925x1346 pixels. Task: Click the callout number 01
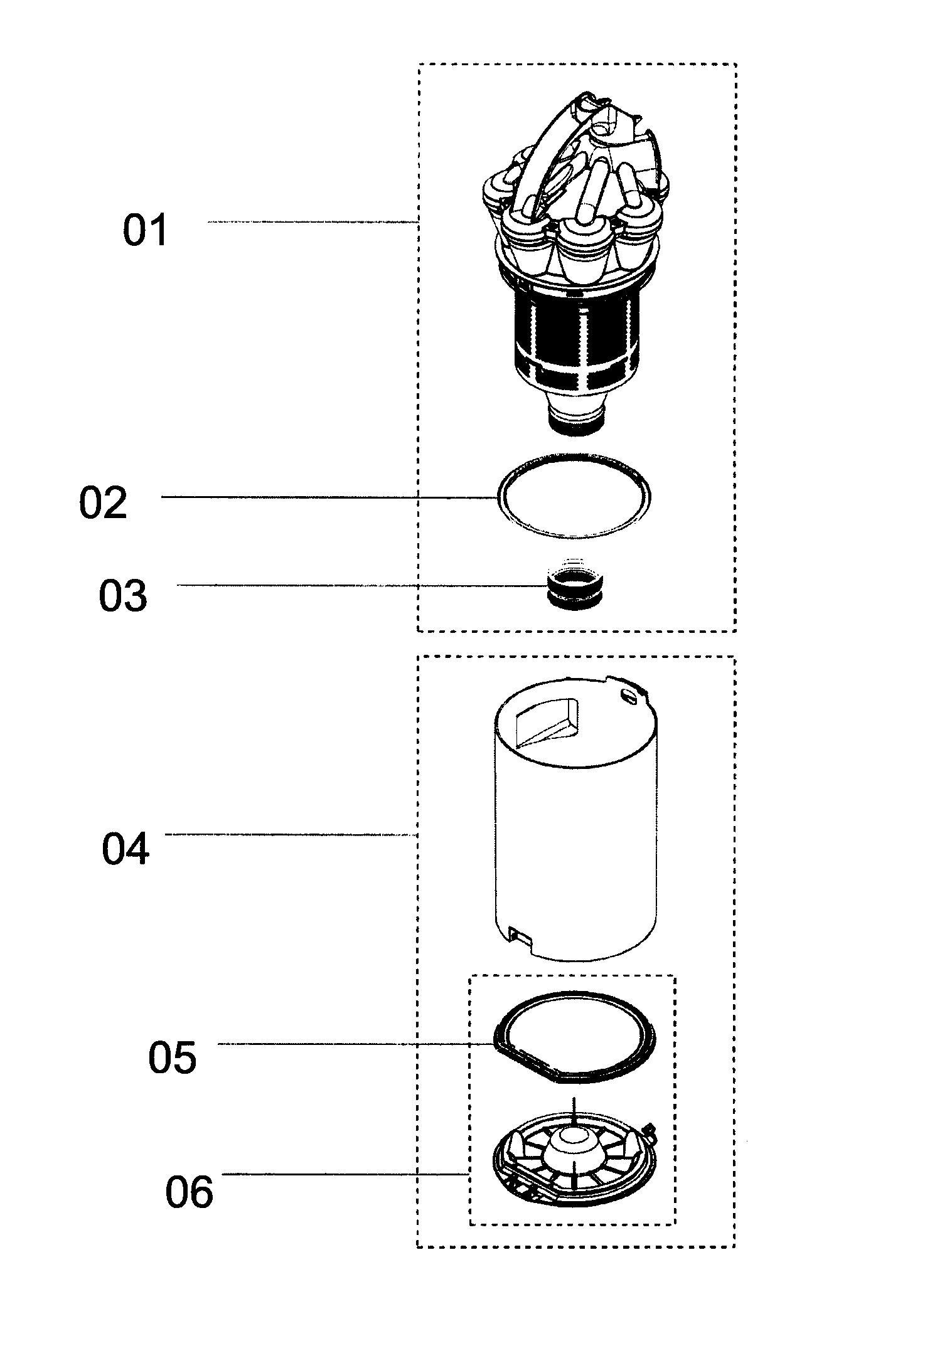145,230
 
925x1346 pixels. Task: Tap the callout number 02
103,502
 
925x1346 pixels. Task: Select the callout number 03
123,595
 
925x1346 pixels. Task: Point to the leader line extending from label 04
291,834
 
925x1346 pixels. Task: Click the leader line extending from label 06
346,1174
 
